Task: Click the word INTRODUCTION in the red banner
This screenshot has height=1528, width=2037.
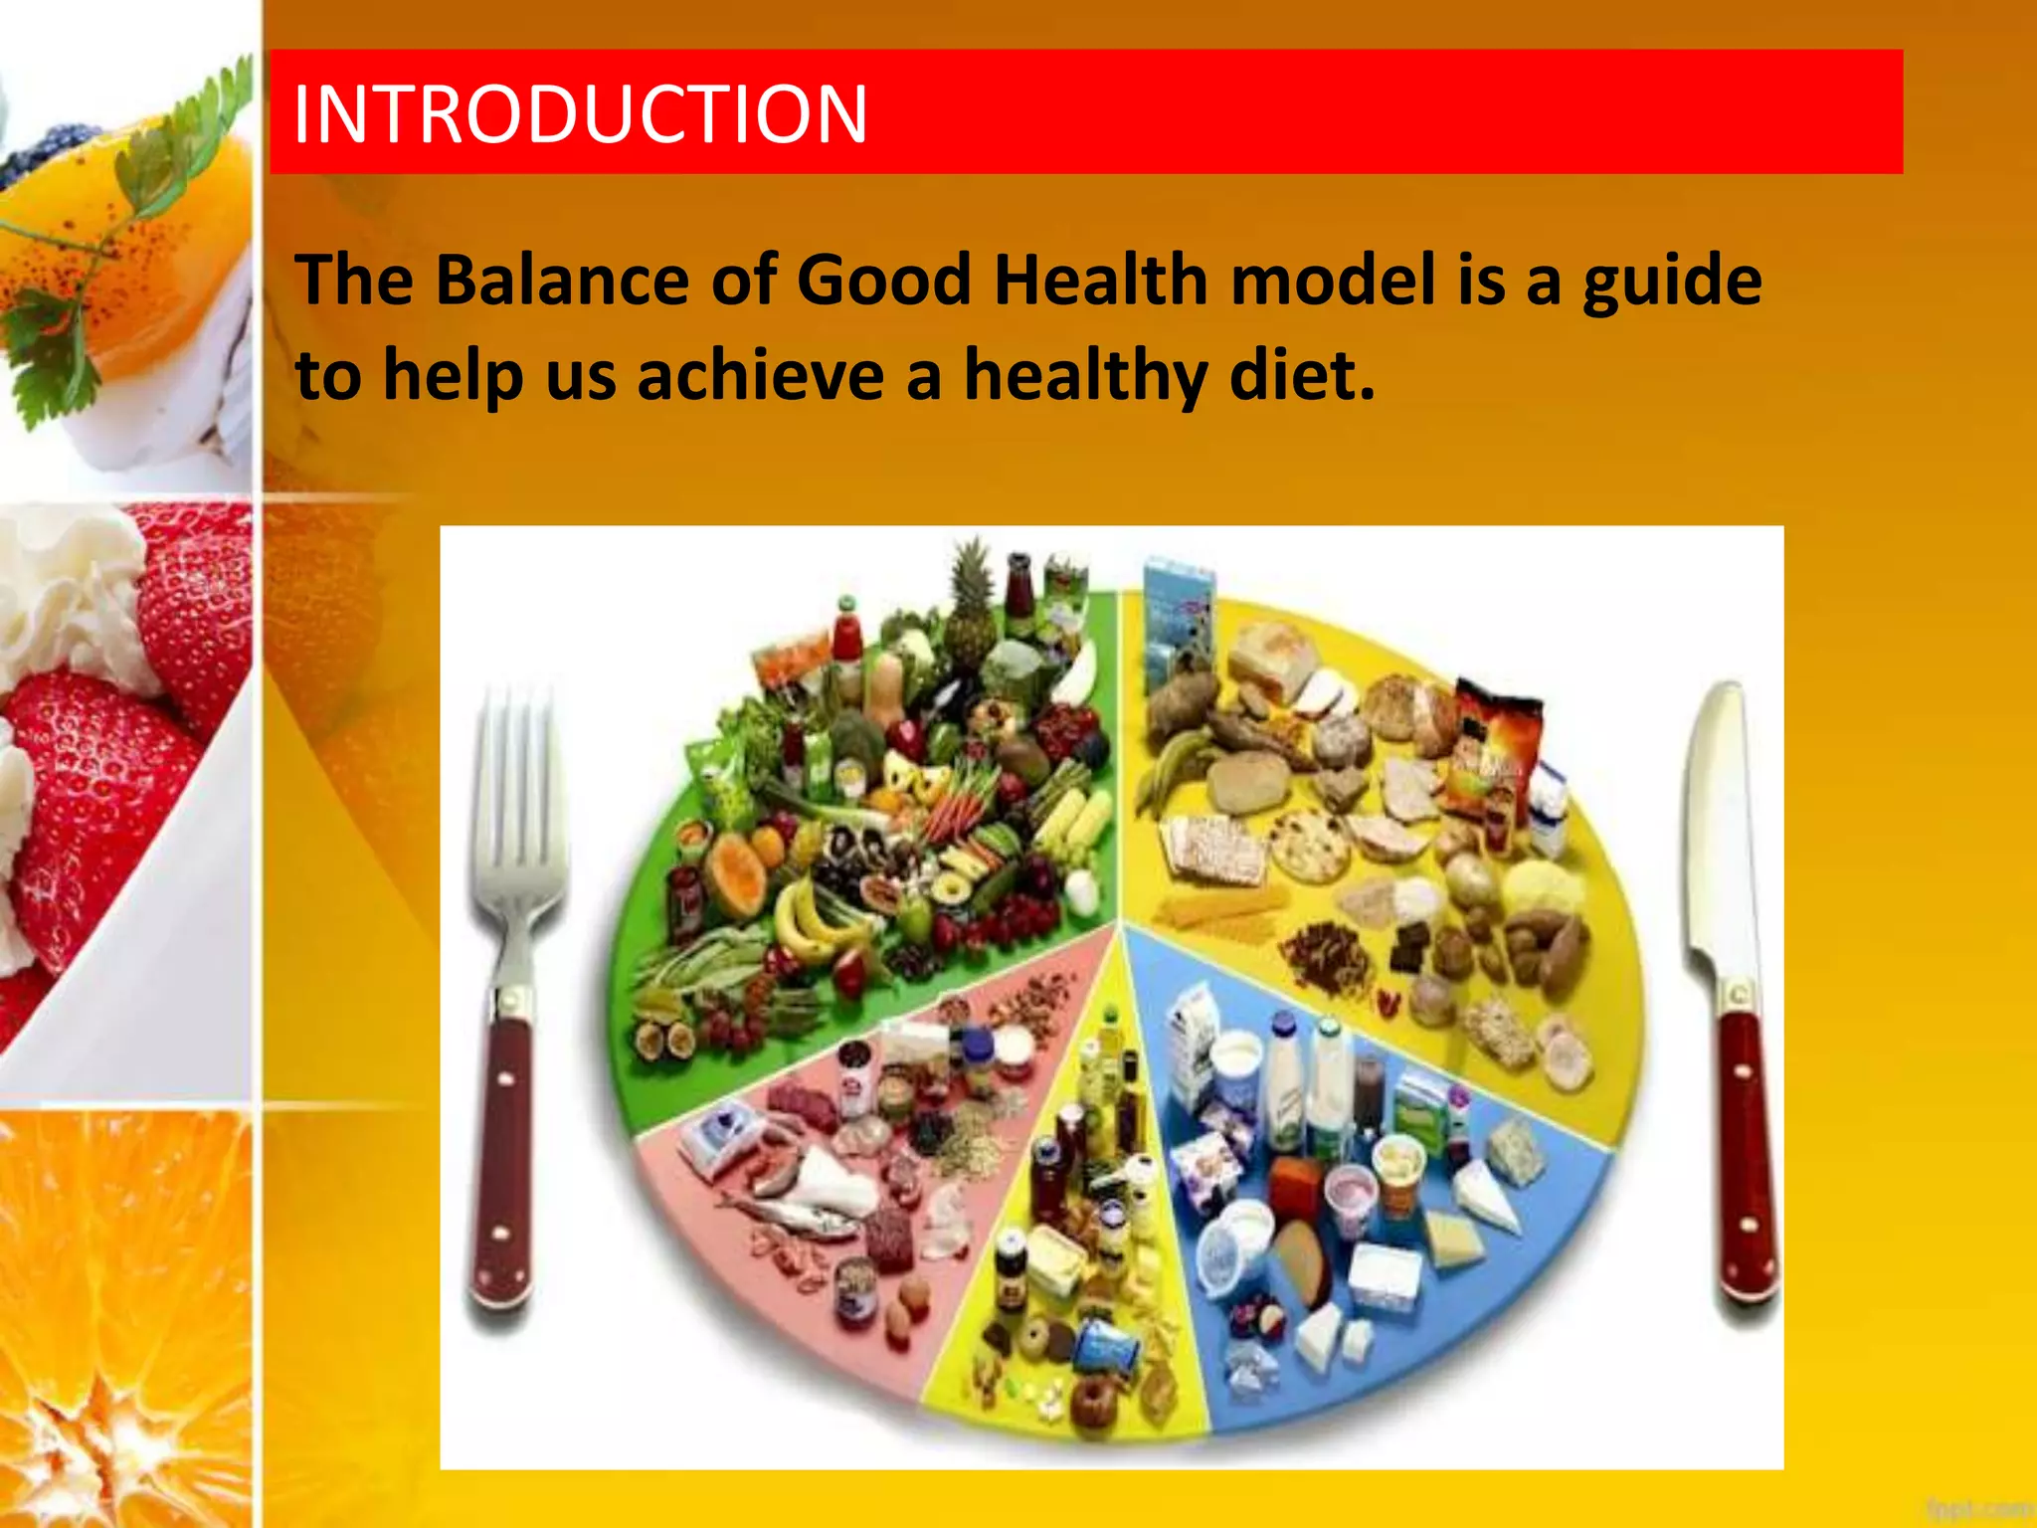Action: (x=580, y=114)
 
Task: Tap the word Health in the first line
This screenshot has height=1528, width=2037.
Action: (x=1101, y=280)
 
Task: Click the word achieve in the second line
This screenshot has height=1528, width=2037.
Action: (x=761, y=376)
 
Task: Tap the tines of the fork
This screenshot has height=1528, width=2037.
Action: (x=517, y=796)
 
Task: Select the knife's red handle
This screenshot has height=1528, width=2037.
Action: (x=1746, y=1154)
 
